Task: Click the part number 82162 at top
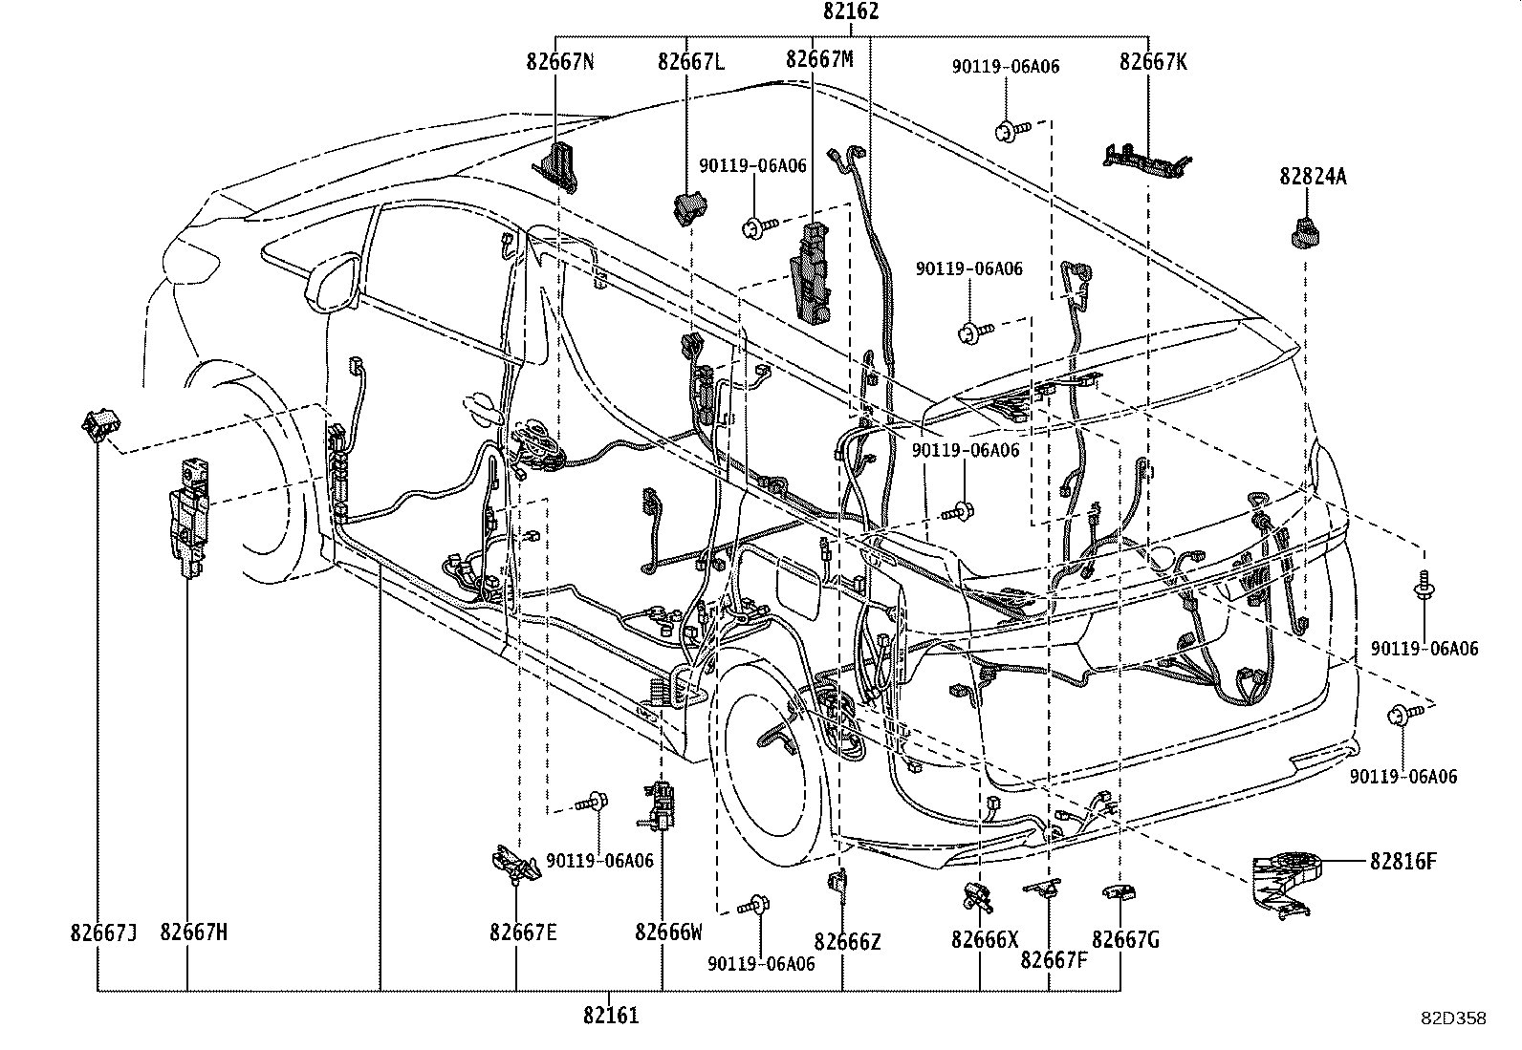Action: pyautogui.click(x=850, y=12)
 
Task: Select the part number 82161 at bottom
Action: pyautogui.click(x=610, y=1016)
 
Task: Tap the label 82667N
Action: pyautogui.click(x=559, y=62)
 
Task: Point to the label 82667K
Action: pyautogui.click(x=1153, y=62)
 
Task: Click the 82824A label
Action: pyautogui.click(x=1313, y=177)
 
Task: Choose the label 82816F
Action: pyautogui.click(x=1402, y=862)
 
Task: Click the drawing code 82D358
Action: pyautogui.click(x=1452, y=1019)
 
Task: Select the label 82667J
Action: pyautogui.click(x=103, y=932)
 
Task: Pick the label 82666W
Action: pyautogui.click(x=667, y=932)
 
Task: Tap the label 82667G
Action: pyautogui.click(x=1125, y=940)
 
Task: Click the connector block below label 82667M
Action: pyautogui.click(x=811, y=269)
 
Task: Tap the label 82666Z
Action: pyautogui.click(x=847, y=942)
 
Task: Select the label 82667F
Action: pyautogui.click(x=1054, y=959)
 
